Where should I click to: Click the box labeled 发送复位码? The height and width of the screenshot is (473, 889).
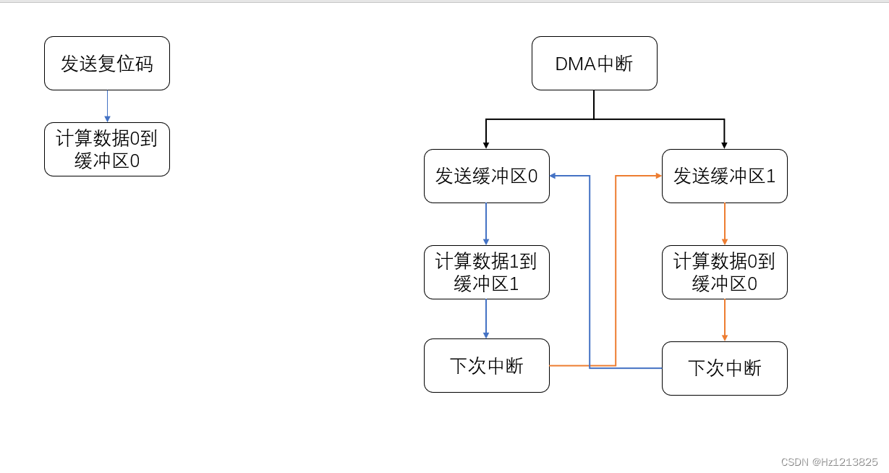[x=107, y=64]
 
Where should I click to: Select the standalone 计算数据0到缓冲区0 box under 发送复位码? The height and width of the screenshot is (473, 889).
[x=107, y=149]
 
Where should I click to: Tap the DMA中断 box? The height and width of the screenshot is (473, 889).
[x=594, y=64]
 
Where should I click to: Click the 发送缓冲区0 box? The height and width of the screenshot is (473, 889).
[x=486, y=176]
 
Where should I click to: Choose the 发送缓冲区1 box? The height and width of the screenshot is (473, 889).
[x=724, y=176]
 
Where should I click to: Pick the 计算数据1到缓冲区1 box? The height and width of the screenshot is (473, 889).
[x=486, y=272]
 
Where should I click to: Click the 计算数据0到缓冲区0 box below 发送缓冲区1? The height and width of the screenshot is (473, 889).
[x=724, y=272]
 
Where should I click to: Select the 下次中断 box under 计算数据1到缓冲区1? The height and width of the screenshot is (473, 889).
[x=486, y=366]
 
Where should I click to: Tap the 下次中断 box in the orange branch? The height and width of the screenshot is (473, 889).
[x=724, y=368]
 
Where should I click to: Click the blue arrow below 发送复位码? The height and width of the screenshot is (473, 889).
[x=107, y=106]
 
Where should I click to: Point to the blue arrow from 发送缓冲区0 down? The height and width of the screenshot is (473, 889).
[x=486, y=223]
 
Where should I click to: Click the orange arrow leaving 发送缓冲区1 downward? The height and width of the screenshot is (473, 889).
[x=724, y=223]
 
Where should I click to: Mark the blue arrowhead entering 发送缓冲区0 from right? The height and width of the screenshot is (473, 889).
[x=553, y=176]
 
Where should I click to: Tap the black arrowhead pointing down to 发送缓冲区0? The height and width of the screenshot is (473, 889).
[x=486, y=145]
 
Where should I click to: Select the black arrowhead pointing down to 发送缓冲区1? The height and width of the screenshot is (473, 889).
[x=724, y=145]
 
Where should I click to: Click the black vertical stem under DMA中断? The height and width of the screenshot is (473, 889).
[x=594, y=104]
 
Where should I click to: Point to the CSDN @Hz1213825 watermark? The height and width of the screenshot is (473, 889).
[x=830, y=461]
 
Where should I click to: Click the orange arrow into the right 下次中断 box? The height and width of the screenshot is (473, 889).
[x=724, y=320]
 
